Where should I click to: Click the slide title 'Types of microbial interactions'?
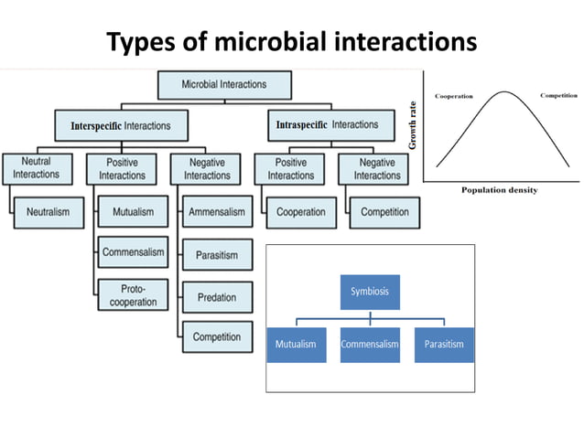(292, 42)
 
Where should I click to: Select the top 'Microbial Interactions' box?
(224, 85)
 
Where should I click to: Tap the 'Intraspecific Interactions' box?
(326, 124)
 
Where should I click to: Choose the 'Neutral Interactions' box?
(36, 168)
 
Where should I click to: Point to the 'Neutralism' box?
(48, 212)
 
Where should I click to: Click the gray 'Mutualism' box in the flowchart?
(133, 212)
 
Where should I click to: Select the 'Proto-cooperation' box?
(133, 294)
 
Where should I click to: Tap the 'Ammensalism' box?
(217, 212)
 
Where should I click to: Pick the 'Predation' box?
(217, 296)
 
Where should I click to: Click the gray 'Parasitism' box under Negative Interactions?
(217, 255)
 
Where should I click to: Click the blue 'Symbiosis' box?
(370, 292)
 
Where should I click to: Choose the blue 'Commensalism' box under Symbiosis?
(370, 345)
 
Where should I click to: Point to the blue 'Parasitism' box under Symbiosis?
(444, 345)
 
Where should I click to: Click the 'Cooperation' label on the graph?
(459, 95)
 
